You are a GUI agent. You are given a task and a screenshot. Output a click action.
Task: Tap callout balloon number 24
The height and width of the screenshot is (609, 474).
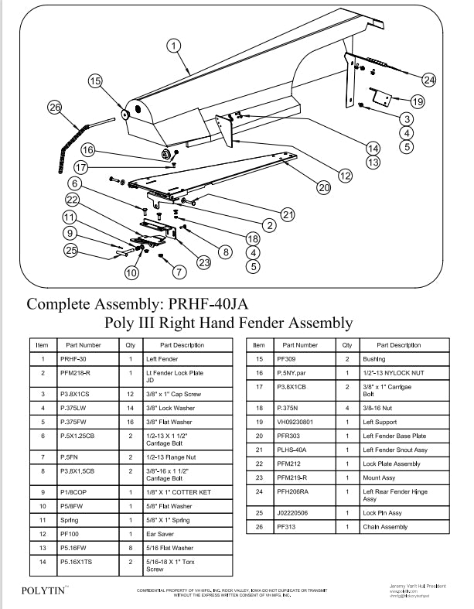(x=429, y=79)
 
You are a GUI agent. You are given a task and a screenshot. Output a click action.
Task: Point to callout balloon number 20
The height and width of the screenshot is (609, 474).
(x=323, y=186)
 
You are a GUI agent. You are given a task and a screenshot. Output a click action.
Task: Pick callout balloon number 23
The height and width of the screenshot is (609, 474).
(x=204, y=262)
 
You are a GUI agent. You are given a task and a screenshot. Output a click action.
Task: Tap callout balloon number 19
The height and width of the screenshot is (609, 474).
(x=417, y=101)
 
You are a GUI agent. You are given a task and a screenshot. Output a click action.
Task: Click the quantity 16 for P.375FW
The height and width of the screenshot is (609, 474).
(x=131, y=423)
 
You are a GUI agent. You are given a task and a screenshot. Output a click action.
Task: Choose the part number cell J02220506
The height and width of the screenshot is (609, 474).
(x=296, y=512)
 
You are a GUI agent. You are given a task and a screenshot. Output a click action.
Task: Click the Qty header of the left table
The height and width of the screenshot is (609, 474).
(x=131, y=345)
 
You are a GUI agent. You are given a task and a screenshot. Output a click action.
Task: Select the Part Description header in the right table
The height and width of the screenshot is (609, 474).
(x=398, y=345)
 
